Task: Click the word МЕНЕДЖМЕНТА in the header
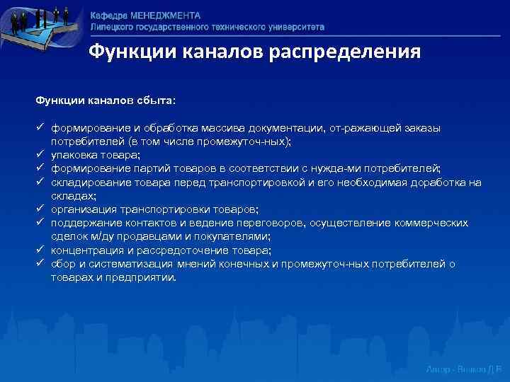pos(165,15)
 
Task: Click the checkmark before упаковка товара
pos(41,154)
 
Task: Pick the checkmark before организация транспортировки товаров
pos(41,209)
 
